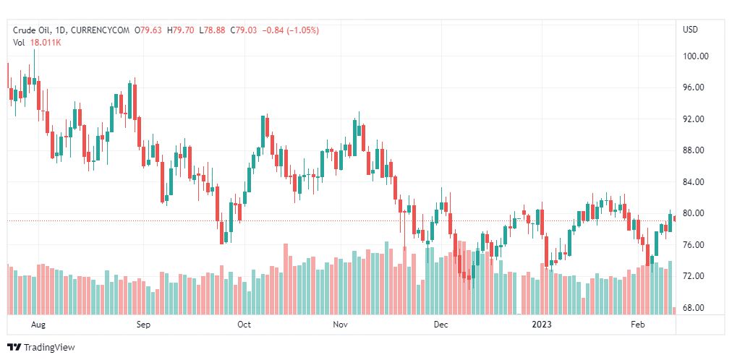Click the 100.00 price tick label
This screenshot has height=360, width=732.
coord(695,56)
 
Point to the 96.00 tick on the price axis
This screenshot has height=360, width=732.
coord(695,87)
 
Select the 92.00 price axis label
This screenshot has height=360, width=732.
coord(695,119)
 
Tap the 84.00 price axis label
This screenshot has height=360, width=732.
coord(695,182)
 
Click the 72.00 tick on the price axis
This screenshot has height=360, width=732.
coord(695,277)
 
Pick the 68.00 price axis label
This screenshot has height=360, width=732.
coord(695,308)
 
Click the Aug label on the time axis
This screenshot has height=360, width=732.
coord(39,325)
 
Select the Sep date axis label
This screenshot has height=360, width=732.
coord(142,325)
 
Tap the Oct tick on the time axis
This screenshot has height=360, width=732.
coord(244,325)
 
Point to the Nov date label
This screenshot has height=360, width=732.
coord(341,325)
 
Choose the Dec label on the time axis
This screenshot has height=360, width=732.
coord(441,325)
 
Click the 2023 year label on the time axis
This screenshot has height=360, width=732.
coord(540,325)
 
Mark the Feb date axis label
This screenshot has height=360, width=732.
coord(638,325)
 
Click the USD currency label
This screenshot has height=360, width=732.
coord(691,30)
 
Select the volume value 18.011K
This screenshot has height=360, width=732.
coord(46,42)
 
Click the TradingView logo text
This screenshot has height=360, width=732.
coord(48,347)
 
